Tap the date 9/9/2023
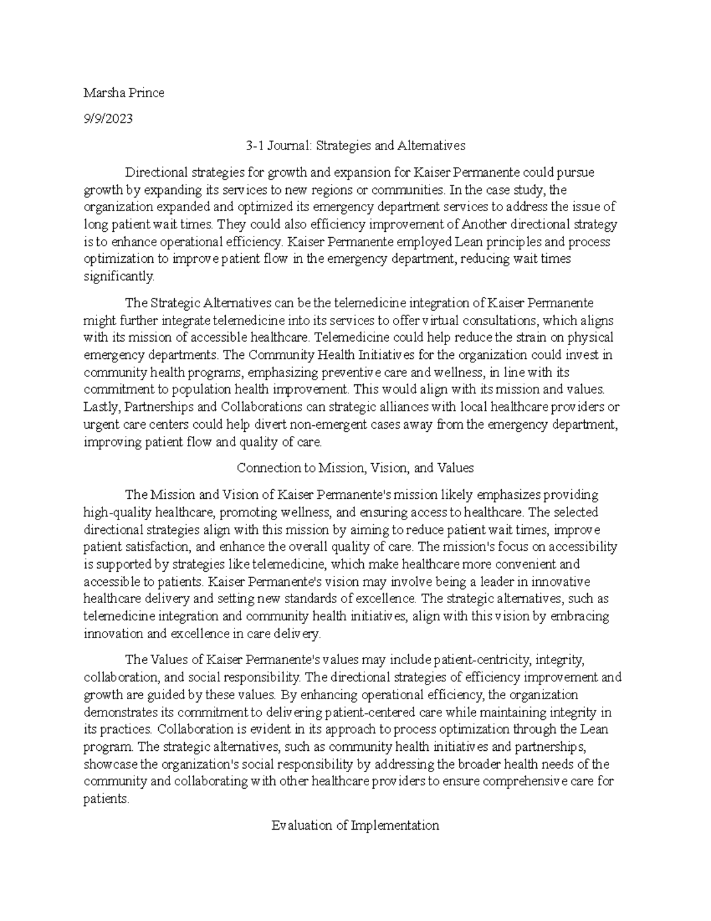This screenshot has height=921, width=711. pyautogui.click(x=108, y=119)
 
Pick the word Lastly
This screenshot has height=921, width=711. pyautogui.click(x=103, y=407)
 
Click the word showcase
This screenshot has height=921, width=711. pyautogui.click(x=110, y=764)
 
